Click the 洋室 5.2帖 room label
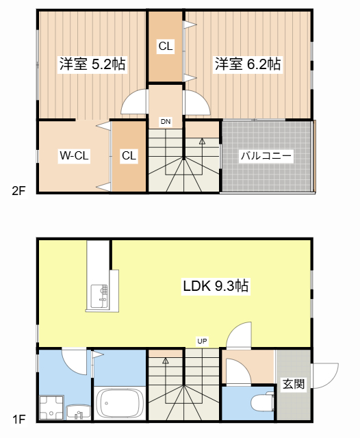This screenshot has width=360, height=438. tap(92, 64)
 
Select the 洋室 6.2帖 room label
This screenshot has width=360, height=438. tap(248, 64)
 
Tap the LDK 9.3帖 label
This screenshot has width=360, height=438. tap(215, 287)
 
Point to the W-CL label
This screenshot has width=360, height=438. tap(73, 156)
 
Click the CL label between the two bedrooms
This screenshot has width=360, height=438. tap(166, 47)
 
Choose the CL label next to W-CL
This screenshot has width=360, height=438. tap(129, 156)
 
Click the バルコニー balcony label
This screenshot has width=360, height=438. tap(266, 156)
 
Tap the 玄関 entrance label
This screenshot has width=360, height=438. tap(293, 384)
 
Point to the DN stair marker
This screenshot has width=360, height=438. tap(166, 122)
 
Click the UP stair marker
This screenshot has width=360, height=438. tap(202, 341)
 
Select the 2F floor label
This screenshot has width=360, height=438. tap(18, 191)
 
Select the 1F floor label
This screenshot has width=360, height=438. tap(18, 417)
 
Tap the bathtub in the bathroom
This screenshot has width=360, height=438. tap(119, 402)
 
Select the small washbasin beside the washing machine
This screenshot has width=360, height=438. tap(79, 411)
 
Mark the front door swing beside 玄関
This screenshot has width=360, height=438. tap(324, 376)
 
